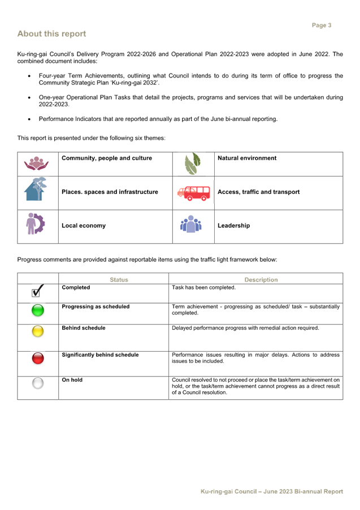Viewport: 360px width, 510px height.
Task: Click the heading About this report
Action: pyautogui.click(x=51, y=34)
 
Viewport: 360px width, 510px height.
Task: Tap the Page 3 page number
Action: pyautogui.click(x=322, y=25)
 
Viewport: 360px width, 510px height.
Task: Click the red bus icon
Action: pyautogui.click(x=193, y=193)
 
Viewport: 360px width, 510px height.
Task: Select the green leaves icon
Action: pyautogui.click(x=193, y=163)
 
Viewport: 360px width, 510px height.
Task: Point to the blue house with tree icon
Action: pyautogui.click(x=36, y=189)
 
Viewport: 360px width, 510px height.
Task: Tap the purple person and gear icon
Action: pyautogui.click(x=35, y=224)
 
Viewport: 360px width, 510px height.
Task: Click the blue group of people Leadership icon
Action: pyautogui.click(x=191, y=224)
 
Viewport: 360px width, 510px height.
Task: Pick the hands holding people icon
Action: pyautogui.click(x=36, y=163)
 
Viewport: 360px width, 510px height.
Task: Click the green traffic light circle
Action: pyautogui.click(x=38, y=310)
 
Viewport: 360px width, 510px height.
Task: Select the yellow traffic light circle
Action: pyautogui.click(x=38, y=331)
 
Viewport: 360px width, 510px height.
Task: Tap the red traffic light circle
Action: pyautogui.click(x=38, y=358)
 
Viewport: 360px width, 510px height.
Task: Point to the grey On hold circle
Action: pyautogui.click(x=38, y=383)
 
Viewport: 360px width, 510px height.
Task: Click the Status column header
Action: pyautogui.click(x=119, y=280)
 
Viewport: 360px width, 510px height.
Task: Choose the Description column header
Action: pyautogui.click(x=261, y=280)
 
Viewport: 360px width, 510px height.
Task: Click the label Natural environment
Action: pyautogui.click(x=247, y=158)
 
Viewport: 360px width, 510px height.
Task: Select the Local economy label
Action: pyautogui.click(x=84, y=226)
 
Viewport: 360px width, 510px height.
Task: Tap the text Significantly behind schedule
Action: pyautogui.click(x=100, y=355)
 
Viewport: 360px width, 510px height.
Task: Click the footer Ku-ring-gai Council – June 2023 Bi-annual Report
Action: pyautogui.click(x=272, y=491)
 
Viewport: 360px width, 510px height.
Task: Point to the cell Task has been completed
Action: pyautogui.click(x=203, y=288)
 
